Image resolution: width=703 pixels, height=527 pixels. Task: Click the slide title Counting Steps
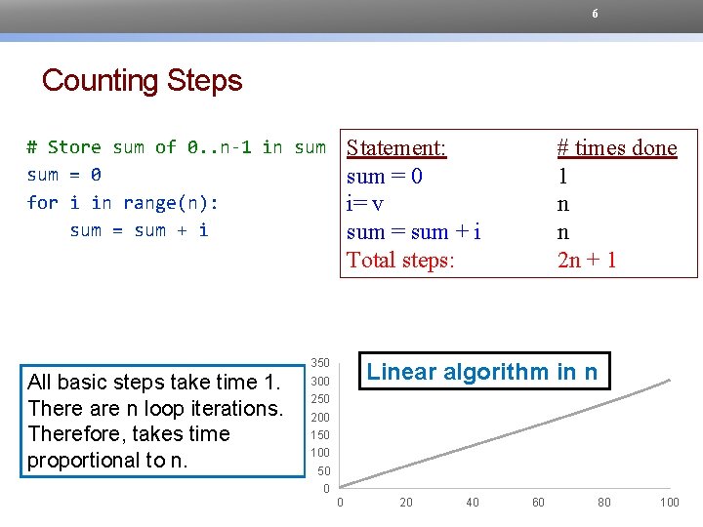142,80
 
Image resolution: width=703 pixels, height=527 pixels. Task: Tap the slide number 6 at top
595,14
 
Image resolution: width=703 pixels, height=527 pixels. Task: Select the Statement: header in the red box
396,148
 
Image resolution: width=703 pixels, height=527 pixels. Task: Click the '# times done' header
616,148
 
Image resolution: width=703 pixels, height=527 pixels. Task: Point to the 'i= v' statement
364,204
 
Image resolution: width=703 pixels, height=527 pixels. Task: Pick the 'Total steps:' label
400,261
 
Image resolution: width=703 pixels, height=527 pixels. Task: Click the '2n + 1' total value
587,261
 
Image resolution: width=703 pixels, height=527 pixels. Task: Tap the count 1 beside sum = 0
562,177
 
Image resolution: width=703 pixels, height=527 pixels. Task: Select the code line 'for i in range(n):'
123,203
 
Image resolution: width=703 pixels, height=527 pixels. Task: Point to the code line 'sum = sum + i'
139,230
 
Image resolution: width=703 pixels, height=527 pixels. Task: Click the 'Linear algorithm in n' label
483,372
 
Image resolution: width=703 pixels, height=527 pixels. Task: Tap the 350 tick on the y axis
320,363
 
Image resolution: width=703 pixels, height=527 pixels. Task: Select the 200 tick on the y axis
320,417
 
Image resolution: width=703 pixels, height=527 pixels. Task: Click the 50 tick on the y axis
324,470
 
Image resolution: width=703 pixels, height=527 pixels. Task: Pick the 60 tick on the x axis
538,503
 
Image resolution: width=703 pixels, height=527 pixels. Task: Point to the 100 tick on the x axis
669,503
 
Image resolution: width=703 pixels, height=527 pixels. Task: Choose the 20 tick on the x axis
406,503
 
